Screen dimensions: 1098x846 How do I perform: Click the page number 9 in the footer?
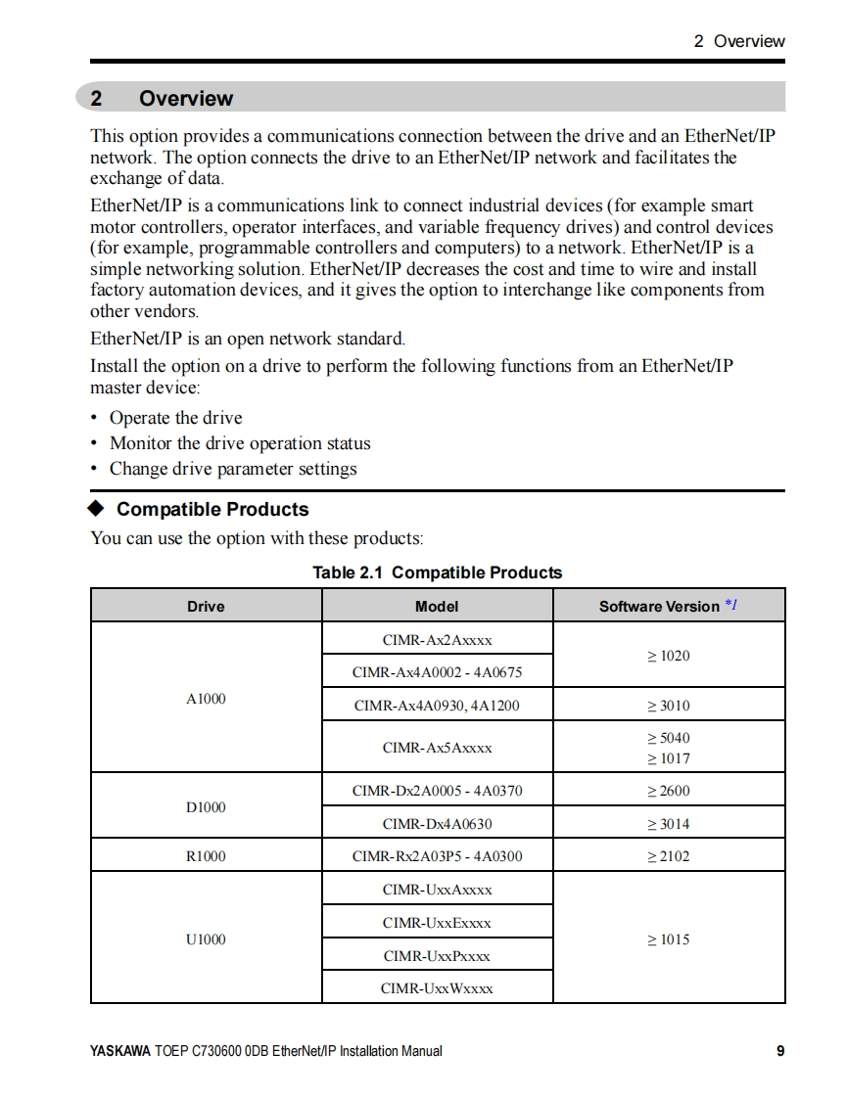(x=780, y=1051)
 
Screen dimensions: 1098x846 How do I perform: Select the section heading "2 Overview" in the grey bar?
(x=163, y=98)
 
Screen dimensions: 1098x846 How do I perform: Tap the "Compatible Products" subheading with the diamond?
(x=211, y=509)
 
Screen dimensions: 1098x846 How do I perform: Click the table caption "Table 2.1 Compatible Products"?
(x=437, y=572)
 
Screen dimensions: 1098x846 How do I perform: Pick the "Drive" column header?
(x=206, y=606)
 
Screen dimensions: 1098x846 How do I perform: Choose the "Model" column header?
(x=437, y=606)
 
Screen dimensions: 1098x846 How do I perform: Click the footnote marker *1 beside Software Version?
(x=730, y=605)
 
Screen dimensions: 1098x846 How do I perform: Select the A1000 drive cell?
(x=206, y=698)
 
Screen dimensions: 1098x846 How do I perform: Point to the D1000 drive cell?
(x=206, y=806)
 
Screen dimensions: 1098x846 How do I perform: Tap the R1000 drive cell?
(x=206, y=856)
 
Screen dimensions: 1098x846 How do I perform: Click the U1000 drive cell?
(x=206, y=938)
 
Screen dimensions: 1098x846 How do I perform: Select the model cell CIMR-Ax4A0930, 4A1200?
(x=437, y=705)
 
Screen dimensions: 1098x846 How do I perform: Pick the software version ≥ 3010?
(x=668, y=705)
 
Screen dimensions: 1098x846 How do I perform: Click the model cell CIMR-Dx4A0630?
(x=437, y=824)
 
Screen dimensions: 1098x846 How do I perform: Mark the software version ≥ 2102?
(x=668, y=856)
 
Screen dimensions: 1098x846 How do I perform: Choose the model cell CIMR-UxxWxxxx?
(x=437, y=988)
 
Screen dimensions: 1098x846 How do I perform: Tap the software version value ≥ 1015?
(x=668, y=939)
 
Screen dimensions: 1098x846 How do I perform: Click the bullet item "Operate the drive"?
(x=175, y=418)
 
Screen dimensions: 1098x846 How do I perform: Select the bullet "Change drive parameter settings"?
(x=233, y=469)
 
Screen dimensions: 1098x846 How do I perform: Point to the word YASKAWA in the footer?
(x=119, y=1051)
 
